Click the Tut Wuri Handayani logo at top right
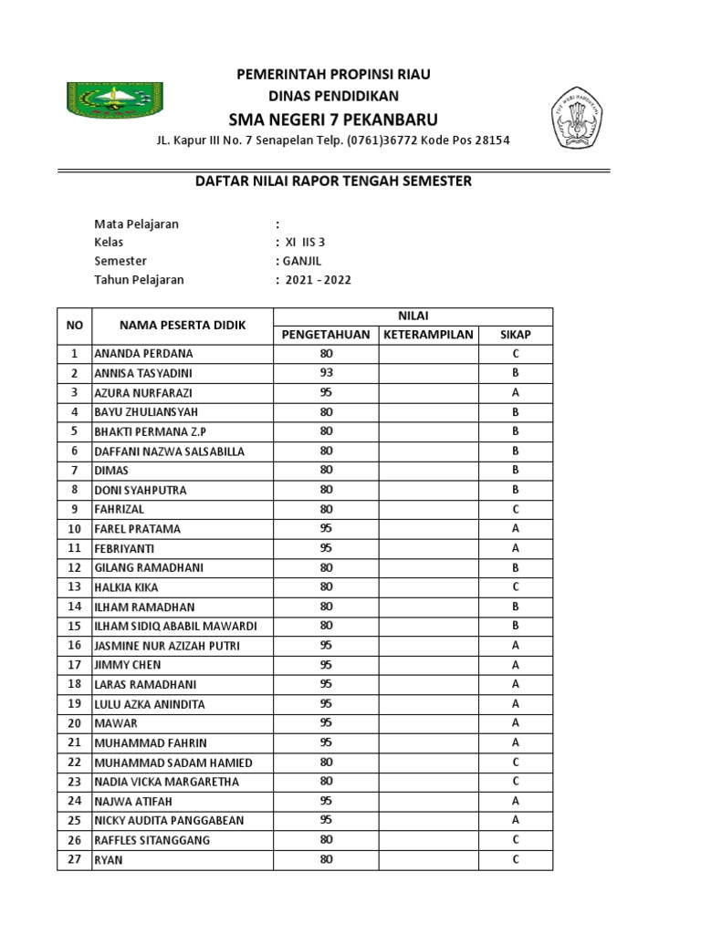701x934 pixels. pyautogui.click(x=576, y=118)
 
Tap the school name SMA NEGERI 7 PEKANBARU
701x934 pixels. pyautogui.click(x=333, y=119)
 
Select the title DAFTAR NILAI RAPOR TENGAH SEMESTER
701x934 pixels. pyautogui.click(x=334, y=181)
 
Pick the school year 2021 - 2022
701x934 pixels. pyautogui.click(x=318, y=280)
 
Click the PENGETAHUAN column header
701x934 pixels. pyautogui.click(x=326, y=335)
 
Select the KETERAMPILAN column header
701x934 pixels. pyautogui.click(x=428, y=335)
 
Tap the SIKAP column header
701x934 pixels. pyautogui.click(x=515, y=335)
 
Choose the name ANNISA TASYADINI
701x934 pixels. pyautogui.click(x=143, y=373)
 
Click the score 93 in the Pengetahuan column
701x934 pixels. pyautogui.click(x=326, y=373)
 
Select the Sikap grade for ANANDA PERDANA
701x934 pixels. pyautogui.click(x=515, y=354)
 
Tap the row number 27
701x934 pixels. pyautogui.click(x=75, y=859)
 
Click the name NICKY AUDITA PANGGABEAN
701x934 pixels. pyautogui.click(x=169, y=820)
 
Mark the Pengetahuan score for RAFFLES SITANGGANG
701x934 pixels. pyautogui.click(x=326, y=840)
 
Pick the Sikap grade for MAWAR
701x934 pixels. pyautogui.click(x=515, y=723)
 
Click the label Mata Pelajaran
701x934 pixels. pyautogui.click(x=137, y=224)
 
